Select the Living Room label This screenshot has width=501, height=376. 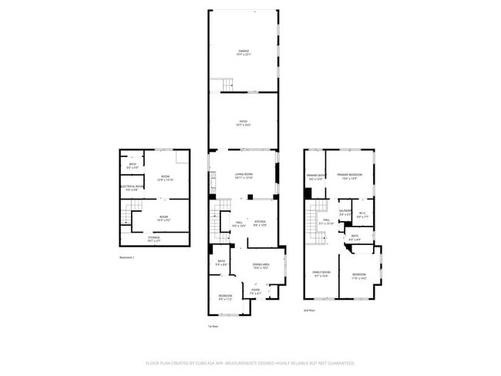point(244,176)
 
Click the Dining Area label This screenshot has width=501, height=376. point(261,266)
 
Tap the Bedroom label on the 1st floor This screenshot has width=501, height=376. point(225,297)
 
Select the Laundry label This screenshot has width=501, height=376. point(345,213)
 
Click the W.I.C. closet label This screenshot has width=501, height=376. point(362,215)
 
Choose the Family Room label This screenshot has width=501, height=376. point(321,274)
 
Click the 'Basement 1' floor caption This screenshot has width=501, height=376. point(127,257)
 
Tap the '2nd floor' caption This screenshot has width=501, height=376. point(310,310)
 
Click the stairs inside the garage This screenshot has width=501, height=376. point(227,83)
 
